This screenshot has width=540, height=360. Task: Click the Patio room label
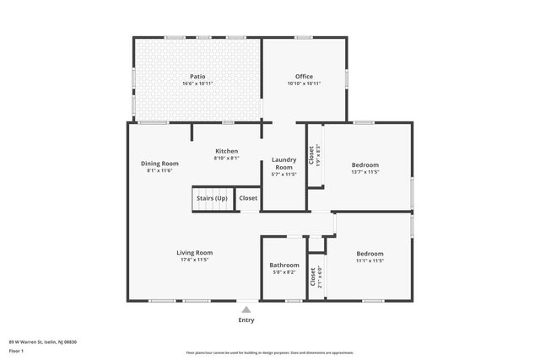tap(198, 76)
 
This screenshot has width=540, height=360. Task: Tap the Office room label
tap(304, 76)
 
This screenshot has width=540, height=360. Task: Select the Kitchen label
tap(226, 151)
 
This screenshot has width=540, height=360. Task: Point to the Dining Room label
tap(159, 163)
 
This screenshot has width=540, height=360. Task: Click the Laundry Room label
tap(283, 163)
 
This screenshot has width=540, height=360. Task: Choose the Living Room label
tap(194, 252)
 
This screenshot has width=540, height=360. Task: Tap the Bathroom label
tap(284, 265)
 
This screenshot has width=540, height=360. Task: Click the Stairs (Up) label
tap(212, 198)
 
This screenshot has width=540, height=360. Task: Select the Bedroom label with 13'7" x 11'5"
tap(365, 164)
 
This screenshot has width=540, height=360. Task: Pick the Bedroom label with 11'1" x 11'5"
tap(370, 253)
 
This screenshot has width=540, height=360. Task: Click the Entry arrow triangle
tap(246, 309)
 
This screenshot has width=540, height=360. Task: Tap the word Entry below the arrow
tap(246, 320)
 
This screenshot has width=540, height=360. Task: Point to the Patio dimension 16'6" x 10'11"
tap(198, 83)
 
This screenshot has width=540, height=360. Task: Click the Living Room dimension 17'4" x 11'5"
tap(194, 260)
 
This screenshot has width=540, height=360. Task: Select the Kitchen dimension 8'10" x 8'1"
tap(226, 158)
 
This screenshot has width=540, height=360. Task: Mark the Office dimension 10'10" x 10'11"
tap(304, 83)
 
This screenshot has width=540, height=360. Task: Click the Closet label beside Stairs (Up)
tap(248, 198)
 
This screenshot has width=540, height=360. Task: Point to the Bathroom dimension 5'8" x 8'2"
tap(284, 272)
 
